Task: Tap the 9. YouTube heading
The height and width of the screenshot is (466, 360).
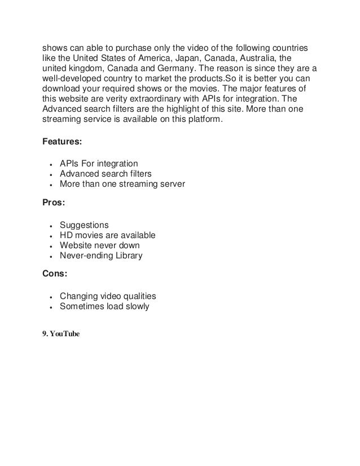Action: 62,334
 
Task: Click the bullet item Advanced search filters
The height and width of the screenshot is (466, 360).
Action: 106,174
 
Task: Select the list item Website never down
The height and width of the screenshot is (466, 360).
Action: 100,245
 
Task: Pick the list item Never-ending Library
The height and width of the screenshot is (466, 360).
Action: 101,256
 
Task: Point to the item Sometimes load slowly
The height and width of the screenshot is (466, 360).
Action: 104,307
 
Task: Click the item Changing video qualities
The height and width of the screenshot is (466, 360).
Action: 108,297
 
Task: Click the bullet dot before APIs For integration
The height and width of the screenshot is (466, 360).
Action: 51,164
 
